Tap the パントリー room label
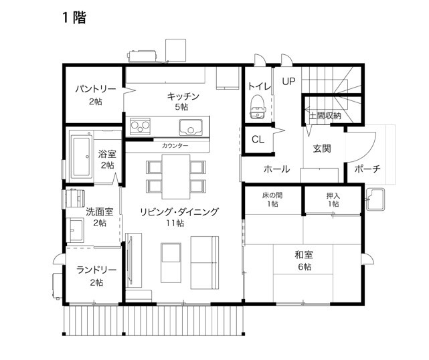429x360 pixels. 95,89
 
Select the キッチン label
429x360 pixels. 182,96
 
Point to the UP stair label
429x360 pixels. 288,82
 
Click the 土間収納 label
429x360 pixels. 325,116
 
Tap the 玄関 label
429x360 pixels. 322,149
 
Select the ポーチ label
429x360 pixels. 367,169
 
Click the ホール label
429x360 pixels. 276,169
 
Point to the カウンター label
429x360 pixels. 175,145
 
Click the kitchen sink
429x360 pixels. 190,127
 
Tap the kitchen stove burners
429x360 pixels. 141,125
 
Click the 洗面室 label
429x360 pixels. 99,212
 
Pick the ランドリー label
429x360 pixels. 96,270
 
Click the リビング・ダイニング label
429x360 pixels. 179,212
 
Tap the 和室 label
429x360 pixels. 304,254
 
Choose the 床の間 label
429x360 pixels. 271,195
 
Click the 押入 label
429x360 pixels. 333,195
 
